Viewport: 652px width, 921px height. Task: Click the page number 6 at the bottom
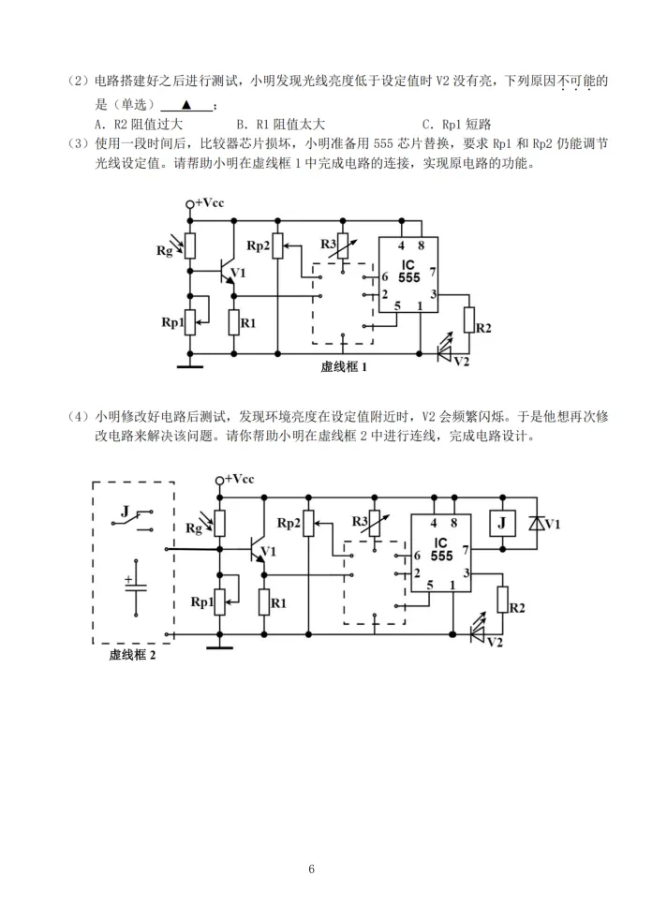point(311,869)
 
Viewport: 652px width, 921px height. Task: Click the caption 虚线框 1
point(344,367)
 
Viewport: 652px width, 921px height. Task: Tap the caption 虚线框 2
point(132,655)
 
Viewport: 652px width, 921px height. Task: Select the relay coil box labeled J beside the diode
point(502,523)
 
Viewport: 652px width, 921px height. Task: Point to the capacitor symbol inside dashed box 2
point(136,587)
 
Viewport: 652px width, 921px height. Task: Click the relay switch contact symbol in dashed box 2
point(133,520)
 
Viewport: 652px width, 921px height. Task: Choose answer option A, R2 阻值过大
point(139,125)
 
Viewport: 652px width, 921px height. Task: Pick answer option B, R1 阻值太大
point(281,125)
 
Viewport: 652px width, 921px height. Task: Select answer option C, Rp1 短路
point(456,125)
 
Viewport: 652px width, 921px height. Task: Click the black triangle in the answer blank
point(186,105)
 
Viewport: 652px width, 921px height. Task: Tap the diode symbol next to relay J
point(537,523)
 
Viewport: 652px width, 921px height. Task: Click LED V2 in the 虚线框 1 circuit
point(445,349)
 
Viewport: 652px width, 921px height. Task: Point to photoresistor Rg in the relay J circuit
point(220,524)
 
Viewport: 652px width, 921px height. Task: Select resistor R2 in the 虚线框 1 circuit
point(468,320)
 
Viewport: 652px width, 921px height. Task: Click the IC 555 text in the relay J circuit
point(441,550)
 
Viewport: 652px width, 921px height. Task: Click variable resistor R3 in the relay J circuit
point(374,525)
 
